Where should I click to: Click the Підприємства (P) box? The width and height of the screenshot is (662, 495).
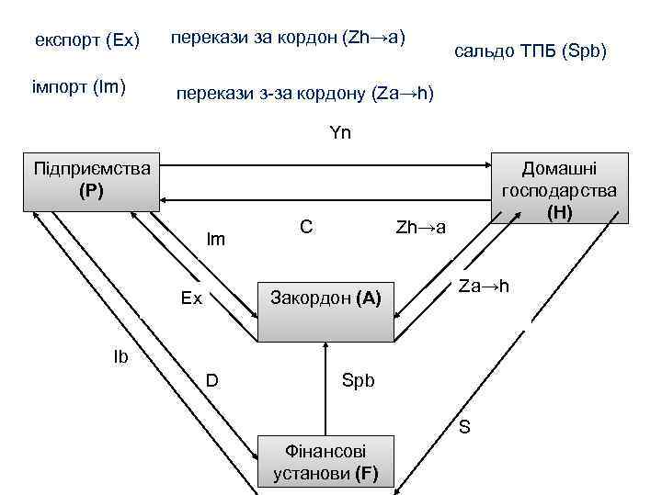click(x=92, y=180)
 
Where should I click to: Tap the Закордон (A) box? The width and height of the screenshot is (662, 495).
click(x=325, y=297)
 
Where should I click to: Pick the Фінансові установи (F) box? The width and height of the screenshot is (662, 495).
click(x=325, y=463)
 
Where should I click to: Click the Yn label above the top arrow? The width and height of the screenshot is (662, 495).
click(x=340, y=133)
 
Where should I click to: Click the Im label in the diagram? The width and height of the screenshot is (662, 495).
click(x=216, y=239)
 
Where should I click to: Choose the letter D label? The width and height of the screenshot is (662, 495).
click(x=211, y=379)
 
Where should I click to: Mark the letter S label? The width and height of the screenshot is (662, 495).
click(x=465, y=426)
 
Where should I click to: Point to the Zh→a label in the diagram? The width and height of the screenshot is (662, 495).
click(x=420, y=227)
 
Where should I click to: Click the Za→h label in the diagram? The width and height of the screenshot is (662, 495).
click(x=484, y=287)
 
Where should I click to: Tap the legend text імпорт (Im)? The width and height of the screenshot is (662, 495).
click(x=80, y=87)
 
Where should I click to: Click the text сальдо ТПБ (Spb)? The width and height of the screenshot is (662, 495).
click(x=531, y=51)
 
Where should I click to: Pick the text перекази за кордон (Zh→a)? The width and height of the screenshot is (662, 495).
click(x=289, y=39)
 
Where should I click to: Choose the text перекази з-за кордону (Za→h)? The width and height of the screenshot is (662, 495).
click(x=304, y=94)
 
